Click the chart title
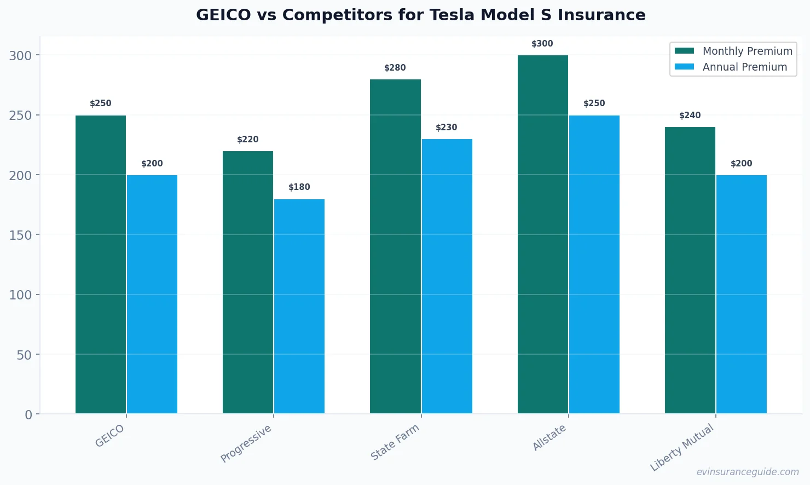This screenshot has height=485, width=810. tap(420, 15)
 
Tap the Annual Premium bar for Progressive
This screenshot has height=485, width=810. tap(299, 306)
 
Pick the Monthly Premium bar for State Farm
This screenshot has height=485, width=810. tap(395, 246)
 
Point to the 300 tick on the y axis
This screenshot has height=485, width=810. tap(20, 55)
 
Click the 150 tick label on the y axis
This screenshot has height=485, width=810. tap(20, 235)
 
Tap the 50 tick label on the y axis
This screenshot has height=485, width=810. tap(24, 355)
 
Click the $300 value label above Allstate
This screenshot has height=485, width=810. tap(542, 44)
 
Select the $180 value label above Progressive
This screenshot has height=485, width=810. tap(299, 187)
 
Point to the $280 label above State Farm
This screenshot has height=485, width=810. tap(395, 68)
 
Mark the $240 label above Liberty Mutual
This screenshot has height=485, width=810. tap(690, 116)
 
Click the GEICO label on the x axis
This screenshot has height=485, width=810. tap(110, 436)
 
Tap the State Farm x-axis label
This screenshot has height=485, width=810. tap(395, 442)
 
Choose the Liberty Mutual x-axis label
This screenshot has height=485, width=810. tap(682, 447)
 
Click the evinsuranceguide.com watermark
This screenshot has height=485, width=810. tap(748, 472)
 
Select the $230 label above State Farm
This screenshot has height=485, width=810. tap(447, 128)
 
